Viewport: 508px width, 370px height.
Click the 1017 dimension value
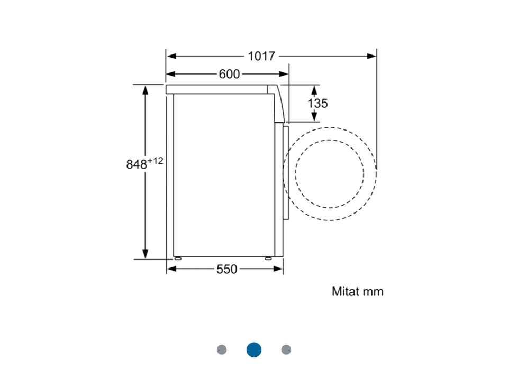pyautogui.click(x=261, y=56)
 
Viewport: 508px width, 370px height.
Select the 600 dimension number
pyautogui.click(x=229, y=74)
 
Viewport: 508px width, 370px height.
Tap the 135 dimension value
pyautogui.click(x=317, y=103)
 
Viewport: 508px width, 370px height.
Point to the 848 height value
pyautogui.click(x=137, y=164)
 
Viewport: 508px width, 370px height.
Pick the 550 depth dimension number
pyautogui.click(x=227, y=269)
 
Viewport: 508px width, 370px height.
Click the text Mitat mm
pyautogui.click(x=358, y=291)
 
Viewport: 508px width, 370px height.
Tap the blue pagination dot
pyautogui.click(x=254, y=349)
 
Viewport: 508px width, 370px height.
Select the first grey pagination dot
pyautogui.click(x=222, y=349)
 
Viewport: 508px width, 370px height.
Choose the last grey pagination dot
pyautogui.click(x=286, y=349)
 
